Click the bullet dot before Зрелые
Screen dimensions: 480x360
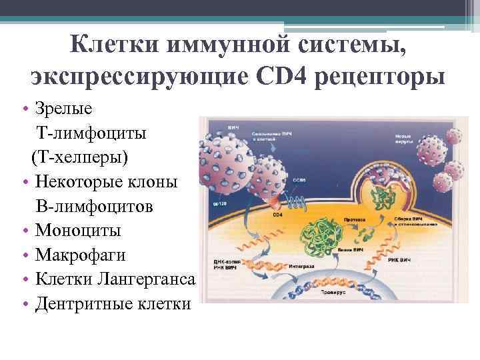23,109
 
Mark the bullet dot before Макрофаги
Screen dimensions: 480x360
23,256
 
